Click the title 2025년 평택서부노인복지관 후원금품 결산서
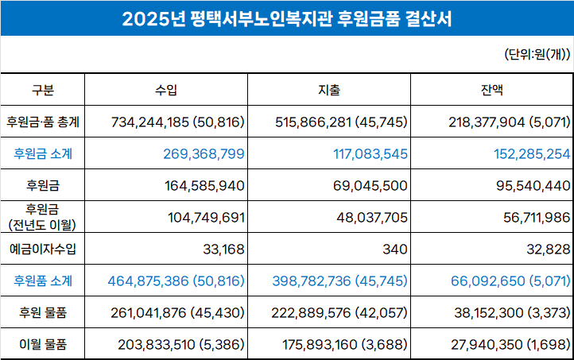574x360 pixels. coord(287,18)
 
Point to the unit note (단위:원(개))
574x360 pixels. coord(537,55)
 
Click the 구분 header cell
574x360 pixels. coord(43,90)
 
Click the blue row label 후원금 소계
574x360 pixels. coord(43,153)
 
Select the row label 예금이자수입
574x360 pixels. coord(43,249)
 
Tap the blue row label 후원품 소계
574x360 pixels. coord(43,281)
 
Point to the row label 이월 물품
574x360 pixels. coord(43,344)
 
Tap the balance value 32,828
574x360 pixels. coord(548,249)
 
